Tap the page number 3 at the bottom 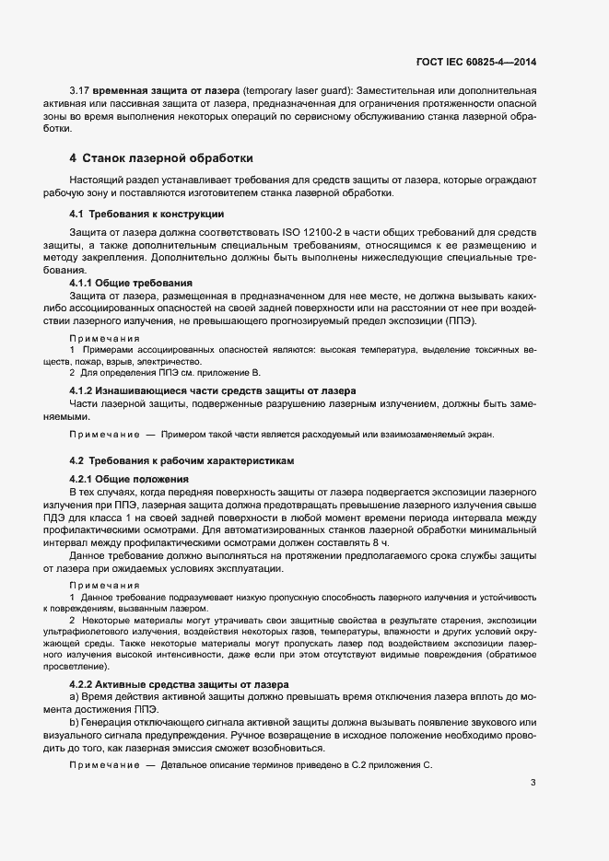coord(533,784)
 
